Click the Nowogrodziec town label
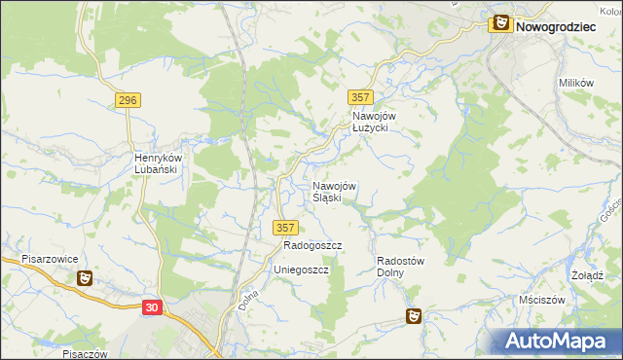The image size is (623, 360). coord(556,26)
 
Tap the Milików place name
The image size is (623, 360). coord(576,84)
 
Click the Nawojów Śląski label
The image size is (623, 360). coord(334,191)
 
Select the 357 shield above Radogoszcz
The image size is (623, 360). coord(284,227)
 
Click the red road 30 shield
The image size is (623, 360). coord(151,306)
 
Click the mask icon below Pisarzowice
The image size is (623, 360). coord(85,278)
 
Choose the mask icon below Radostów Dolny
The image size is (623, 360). coord(414,316)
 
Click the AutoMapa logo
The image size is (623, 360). coord(559,341)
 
